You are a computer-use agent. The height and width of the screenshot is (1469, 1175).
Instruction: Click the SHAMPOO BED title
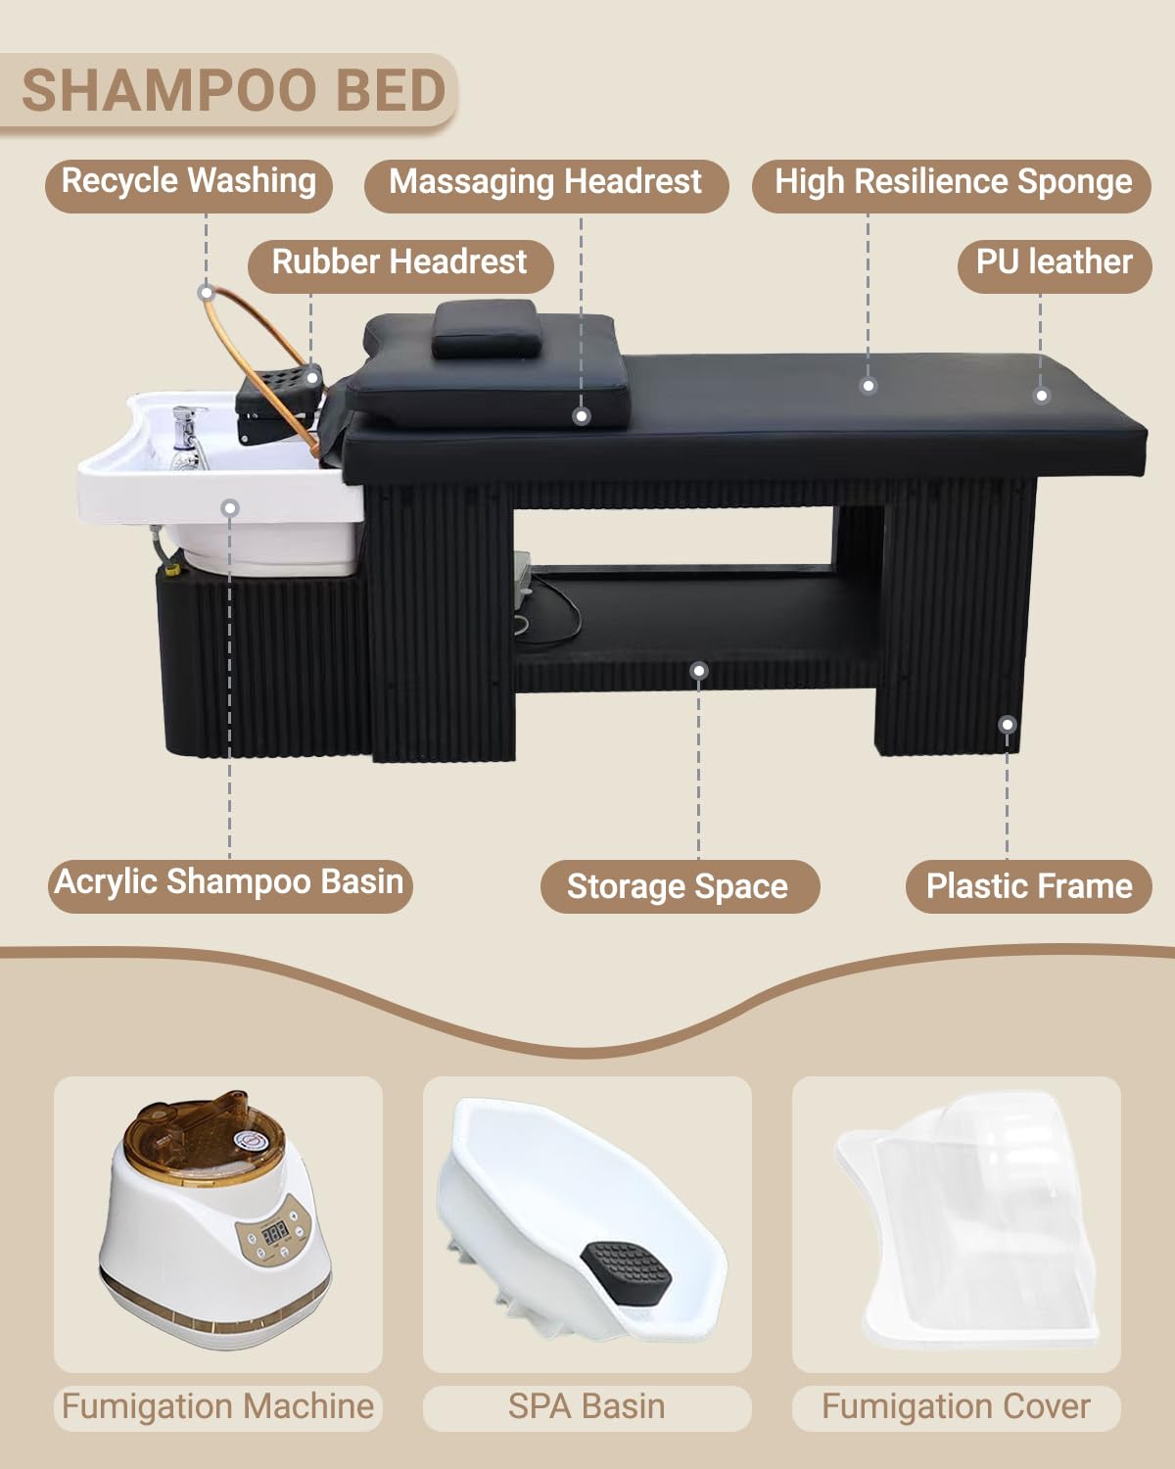pyautogui.click(x=234, y=90)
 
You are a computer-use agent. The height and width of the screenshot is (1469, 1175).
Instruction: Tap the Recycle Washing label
pyautogui.click(x=188, y=182)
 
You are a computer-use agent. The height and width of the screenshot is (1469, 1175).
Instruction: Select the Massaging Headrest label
pyautogui.click(x=545, y=183)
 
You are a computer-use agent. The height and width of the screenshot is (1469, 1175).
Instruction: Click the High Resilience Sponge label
pyautogui.click(x=952, y=183)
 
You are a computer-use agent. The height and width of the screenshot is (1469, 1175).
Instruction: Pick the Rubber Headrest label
pyautogui.click(x=400, y=262)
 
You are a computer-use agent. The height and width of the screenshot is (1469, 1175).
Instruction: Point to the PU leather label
pyautogui.click(x=1055, y=262)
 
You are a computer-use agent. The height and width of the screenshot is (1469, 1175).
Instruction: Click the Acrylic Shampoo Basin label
pyautogui.click(x=230, y=882)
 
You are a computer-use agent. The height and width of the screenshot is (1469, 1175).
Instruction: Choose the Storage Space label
pyautogui.click(x=679, y=886)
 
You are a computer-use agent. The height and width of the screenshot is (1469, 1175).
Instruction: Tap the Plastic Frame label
pyautogui.click(x=1029, y=886)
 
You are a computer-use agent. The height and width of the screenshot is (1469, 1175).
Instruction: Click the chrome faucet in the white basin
pyautogui.click(x=186, y=437)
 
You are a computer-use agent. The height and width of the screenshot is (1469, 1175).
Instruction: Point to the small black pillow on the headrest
pyautogui.click(x=487, y=328)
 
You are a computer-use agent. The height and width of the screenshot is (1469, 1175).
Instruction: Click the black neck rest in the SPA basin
pyautogui.click(x=626, y=1273)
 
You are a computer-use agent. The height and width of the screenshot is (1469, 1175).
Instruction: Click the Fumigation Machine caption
pyautogui.click(x=217, y=1406)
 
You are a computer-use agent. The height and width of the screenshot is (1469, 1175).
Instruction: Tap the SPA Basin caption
pyautogui.click(x=587, y=1406)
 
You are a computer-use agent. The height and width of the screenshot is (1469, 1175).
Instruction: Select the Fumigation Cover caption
pyautogui.click(x=956, y=1406)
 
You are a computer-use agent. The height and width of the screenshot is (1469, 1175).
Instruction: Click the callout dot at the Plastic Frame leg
pyautogui.click(x=1008, y=725)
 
